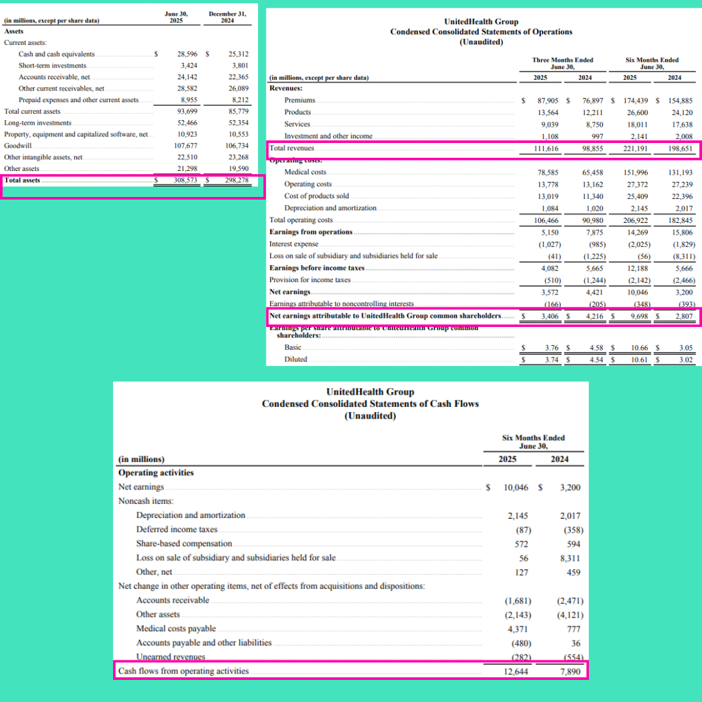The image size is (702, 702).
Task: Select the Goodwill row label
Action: pos(18,146)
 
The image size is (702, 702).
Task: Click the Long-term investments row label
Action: pos(38,123)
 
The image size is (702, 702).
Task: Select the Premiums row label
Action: pos(300,100)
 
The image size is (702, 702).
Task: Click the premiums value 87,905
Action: pos(549,101)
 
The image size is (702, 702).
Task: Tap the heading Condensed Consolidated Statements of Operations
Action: pos(481,32)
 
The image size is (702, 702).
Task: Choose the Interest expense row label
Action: pos(294,244)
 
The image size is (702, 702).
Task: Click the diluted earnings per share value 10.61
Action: pos(638,359)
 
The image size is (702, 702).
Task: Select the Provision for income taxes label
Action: pos(309,280)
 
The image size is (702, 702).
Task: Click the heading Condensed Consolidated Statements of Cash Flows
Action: pos(370,404)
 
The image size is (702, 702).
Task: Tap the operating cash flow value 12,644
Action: pos(515,671)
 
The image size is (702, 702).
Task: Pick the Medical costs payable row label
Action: pos(175,629)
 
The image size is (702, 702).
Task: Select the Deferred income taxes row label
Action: pos(176,529)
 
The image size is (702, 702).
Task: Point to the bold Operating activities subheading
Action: pos(156,473)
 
